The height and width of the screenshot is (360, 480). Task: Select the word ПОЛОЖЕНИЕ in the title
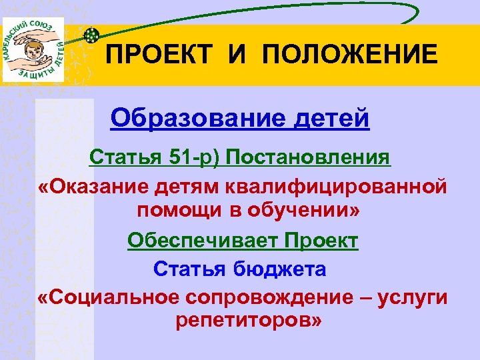(x=350, y=53)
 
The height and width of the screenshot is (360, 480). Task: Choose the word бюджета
(x=289, y=269)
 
